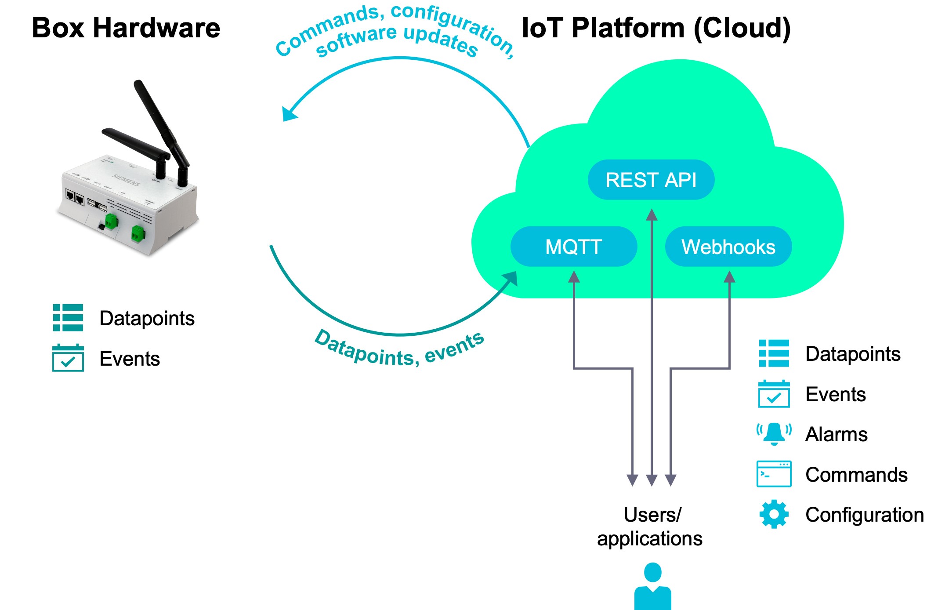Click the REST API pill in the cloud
pyautogui.click(x=651, y=180)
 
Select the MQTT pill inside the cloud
pyautogui.click(x=573, y=247)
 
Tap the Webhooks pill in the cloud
pyautogui.click(x=728, y=247)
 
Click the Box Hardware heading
pyautogui.click(x=126, y=28)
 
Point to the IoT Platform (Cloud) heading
pyautogui.click(x=656, y=28)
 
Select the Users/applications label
pyautogui.click(x=650, y=526)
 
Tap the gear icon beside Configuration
pyautogui.click(x=774, y=514)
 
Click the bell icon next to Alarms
pyautogui.click(x=774, y=434)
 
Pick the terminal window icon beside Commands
pyautogui.click(x=774, y=474)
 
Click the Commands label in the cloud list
pyautogui.click(x=856, y=475)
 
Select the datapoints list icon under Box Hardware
pyautogui.click(x=68, y=317)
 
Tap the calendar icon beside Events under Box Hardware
pyautogui.click(x=68, y=358)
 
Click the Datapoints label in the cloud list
pyautogui.click(x=853, y=354)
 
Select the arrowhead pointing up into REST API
pyautogui.click(x=652, y=215)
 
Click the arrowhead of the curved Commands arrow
pyautogui.click(x=289, y=114)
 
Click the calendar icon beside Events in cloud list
pyautogui.click(x=774, y=394)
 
